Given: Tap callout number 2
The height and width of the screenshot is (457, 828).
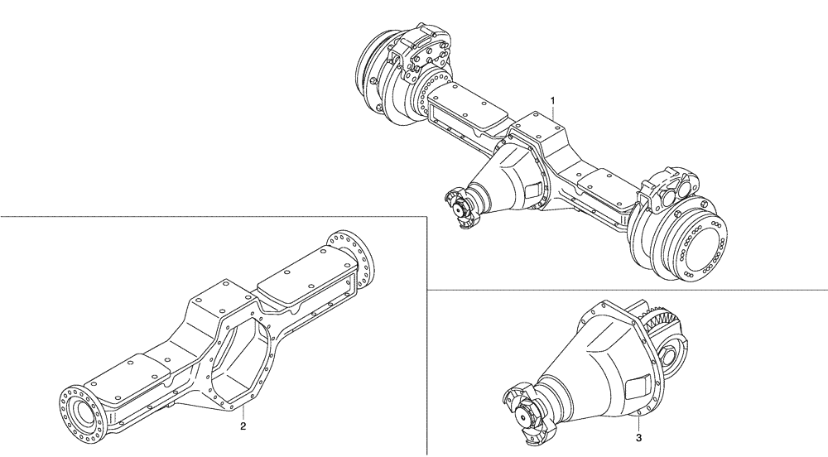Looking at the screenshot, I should [x=243, y=426].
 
